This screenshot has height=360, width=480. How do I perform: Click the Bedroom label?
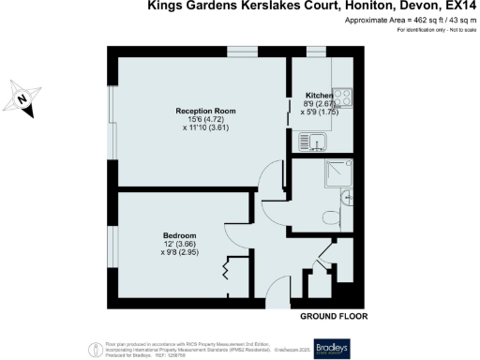[x=179, y=234]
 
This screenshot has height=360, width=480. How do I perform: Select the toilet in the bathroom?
[x=341, y=216]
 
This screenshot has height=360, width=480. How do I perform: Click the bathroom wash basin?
[x=349, y=195]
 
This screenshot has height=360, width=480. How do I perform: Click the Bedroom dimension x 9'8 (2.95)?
[x=179, y=252]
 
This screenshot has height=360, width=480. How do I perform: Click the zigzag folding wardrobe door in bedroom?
[x=225, y=272]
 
